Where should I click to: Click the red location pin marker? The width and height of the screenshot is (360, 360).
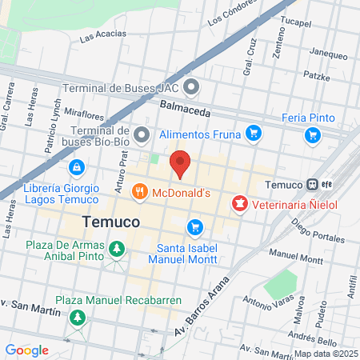point(181,162)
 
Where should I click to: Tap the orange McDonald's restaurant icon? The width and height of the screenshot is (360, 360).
point(140,191)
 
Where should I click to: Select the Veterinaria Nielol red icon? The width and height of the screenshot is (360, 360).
point(238,205)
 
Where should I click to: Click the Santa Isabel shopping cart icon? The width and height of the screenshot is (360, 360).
point(194,228)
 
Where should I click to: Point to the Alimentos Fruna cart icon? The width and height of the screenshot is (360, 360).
point(254,134)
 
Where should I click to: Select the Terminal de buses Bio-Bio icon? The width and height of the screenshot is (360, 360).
point(142,133)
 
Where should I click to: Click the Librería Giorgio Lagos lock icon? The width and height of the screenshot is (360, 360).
point(76,167)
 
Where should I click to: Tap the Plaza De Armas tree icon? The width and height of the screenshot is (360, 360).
point(118,250)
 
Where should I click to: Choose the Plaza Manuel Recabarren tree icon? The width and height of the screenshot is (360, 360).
point(78,318)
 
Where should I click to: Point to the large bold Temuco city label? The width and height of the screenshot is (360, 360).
point(112,220)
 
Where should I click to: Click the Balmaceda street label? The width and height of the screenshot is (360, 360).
point(184,104)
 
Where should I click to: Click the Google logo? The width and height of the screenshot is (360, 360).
point(27,350)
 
